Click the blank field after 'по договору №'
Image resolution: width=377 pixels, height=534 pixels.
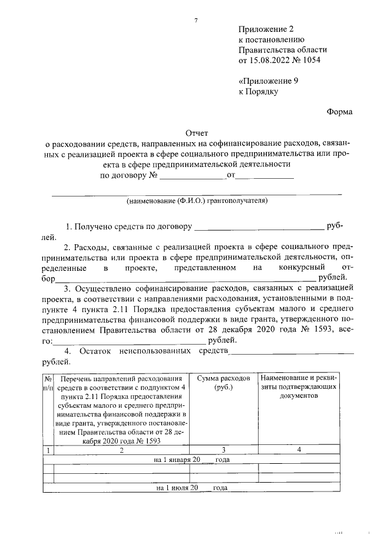pyautogui.click(x=193, y=175)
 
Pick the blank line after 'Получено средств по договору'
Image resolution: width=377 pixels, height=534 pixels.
pyautogui.click(x=259, y=227)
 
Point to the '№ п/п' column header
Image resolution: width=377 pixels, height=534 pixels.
pyautogui.click(x=48, y=382)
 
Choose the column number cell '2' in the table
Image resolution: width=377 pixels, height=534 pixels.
pyautogui.click(x=121, y=450)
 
